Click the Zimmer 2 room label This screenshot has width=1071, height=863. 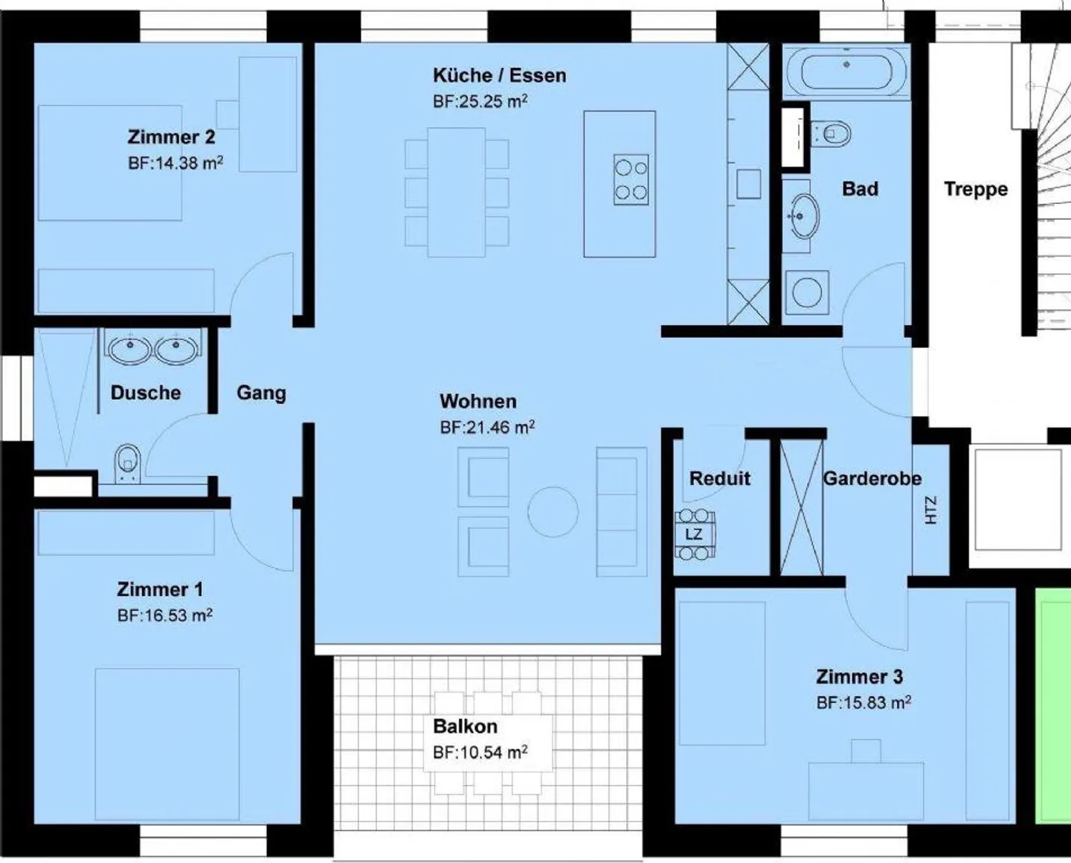click(171, 137)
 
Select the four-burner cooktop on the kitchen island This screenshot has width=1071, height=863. click(631, 179)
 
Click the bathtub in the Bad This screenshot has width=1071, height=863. click(846, 71)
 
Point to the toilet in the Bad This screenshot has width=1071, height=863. click(830, 133)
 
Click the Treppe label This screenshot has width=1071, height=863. click(976, 189)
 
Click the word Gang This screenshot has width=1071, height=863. click(261, 393)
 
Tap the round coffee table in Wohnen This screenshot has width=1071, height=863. click(553, 511)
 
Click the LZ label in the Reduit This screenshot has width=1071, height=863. click(694, 534)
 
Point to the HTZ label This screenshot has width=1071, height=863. click(930, 510)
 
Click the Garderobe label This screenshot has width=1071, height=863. click(872, 478)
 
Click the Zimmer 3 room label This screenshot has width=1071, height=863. click(859, 677)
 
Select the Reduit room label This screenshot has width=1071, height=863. click(720, 478)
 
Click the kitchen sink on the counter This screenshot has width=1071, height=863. click(748, 184)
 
